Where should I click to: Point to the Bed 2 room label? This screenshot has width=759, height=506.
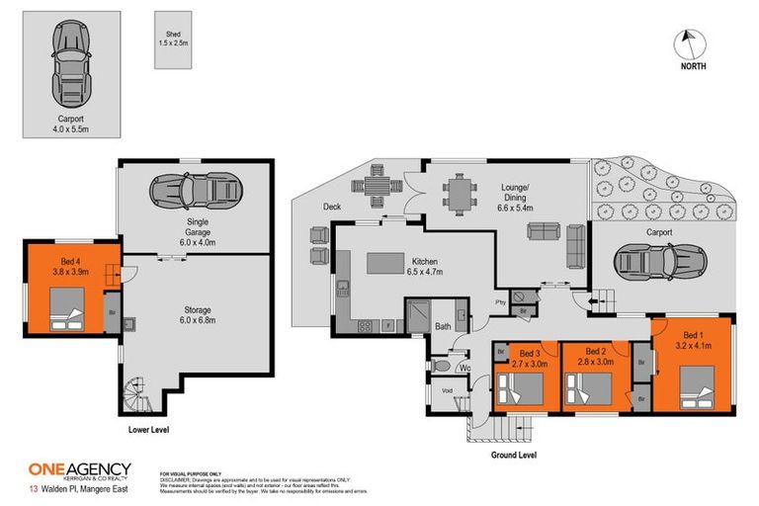[x=595, y=357]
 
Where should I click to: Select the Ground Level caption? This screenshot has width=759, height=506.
[x=513, y=455]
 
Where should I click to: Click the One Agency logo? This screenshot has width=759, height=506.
[x=81, y=470]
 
